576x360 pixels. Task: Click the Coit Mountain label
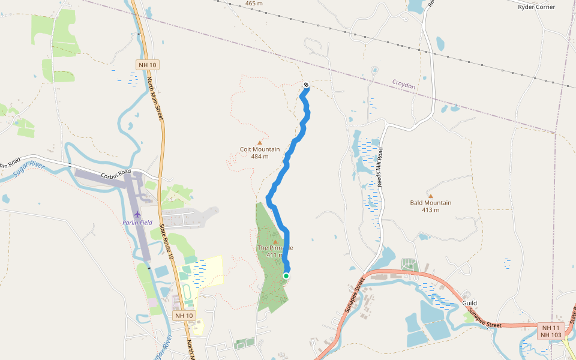pos(260,149)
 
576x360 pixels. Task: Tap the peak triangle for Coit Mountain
pos(260,143)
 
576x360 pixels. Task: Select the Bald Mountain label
pos(430,203)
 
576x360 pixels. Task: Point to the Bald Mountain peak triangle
pos(430,196)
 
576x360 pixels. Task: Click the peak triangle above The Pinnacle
pos(275,242)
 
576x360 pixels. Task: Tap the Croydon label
pos(404,85)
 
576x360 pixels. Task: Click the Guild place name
pos(469,304)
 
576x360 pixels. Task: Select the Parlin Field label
pos(137,223)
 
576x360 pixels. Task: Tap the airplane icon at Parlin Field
pos(137,214)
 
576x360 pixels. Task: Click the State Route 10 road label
pos(163,242)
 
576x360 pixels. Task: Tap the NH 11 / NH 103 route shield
pos(551,331)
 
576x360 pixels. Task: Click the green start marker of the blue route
pos(286,276)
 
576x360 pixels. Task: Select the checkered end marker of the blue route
pos(306,85)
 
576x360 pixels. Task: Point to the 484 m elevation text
pos(260,157)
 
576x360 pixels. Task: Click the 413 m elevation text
pos(430,210)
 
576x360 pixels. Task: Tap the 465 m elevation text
pos(254,4)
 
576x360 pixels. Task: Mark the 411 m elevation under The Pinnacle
pos(274,255)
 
